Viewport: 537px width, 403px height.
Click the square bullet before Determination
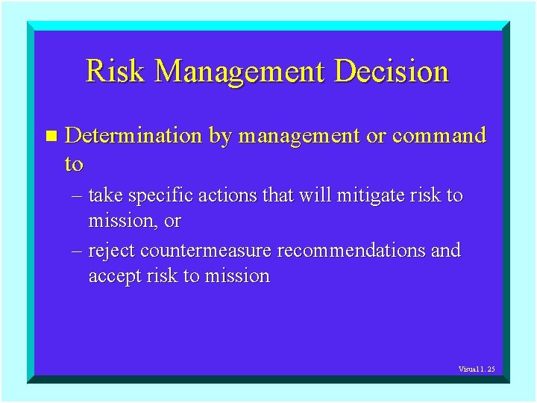pyautogui.click(x=51, y=137)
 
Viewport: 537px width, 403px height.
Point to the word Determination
pyautogui.click(x=134, y=136)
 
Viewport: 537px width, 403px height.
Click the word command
pyautogui.click(x=439, y=136)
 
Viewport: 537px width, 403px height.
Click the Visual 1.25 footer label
pyautogui.click(x=476, y=369)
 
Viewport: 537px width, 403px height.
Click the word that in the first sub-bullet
pyautogui.click(x=270, y=196)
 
